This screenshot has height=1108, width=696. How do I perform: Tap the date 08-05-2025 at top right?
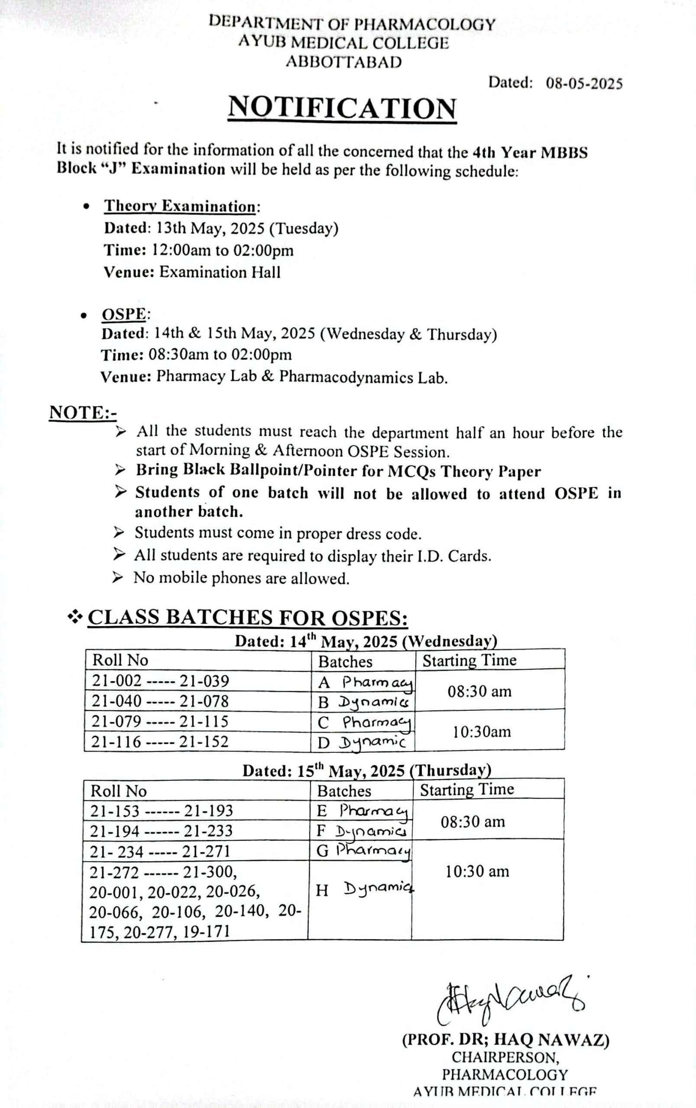(584, 84)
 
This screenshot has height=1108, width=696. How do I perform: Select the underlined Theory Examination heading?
(180, 206)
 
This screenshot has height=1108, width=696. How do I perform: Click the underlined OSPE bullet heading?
(124, 315)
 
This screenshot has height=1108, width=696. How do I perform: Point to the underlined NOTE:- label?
(83, 412)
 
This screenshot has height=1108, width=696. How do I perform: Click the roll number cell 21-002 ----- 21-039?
(160, 681)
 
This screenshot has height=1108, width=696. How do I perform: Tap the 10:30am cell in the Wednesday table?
(482, 731)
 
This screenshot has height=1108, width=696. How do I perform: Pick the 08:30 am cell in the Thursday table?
(473, 821)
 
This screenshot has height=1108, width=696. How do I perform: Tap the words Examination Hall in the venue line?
(220, 272)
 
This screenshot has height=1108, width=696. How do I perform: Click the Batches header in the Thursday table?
(344, 791)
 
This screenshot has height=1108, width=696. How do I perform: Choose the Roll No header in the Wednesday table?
(120, 660)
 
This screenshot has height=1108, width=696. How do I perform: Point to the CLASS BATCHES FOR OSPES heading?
(247, 617)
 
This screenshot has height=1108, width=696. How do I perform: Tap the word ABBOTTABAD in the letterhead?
(343, 62)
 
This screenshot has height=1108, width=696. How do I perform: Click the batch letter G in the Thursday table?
(322, 851)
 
